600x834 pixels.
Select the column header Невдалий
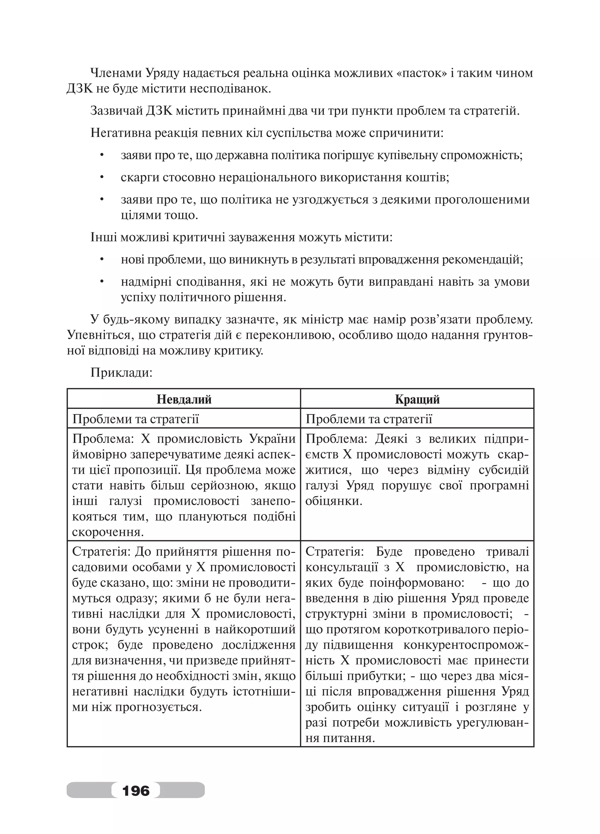click(184, 399)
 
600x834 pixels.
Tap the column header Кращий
click(417, 399)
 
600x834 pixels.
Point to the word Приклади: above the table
click(121, 373)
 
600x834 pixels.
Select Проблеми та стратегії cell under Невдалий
click(135, 419)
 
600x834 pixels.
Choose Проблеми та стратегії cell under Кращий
click(369, 419)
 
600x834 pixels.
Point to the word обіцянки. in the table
click(334, 501)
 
